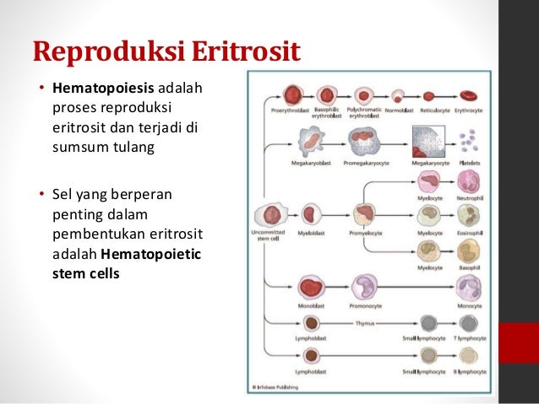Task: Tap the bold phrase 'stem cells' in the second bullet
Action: (87, 274)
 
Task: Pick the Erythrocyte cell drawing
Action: (471, 95)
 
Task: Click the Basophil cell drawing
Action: (469, 251)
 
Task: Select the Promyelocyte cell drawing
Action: (365, 214)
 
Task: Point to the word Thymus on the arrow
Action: (368, 321)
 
